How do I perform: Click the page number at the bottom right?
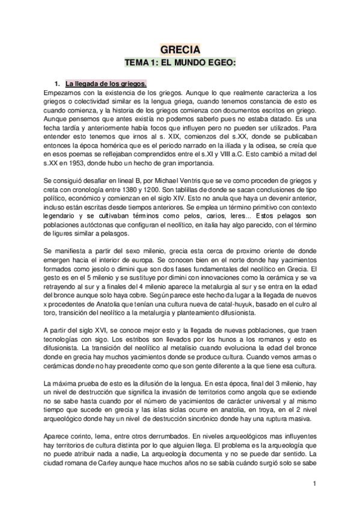point(314,484)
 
